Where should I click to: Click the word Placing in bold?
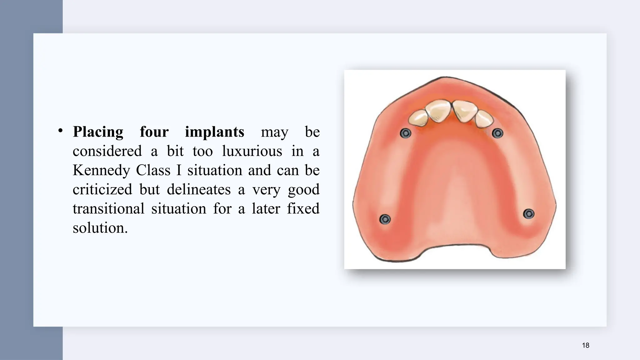pos(98,132)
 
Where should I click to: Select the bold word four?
pos(154,132)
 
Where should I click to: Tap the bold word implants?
pos(214,132)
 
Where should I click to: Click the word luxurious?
pos(252,151)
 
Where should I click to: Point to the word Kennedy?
pos(101,171)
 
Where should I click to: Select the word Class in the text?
pos(153,170)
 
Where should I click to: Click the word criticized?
pos(102,190)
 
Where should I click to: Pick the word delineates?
pos(198,190)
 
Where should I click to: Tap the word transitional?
pos(108,209)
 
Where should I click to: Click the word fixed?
pos(303,209)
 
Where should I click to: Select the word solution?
pos(100,228)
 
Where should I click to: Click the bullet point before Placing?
pos(61,131)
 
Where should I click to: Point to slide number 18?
pos(586,345)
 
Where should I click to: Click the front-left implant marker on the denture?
pos(405,133)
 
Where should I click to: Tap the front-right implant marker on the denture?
pos(497,133)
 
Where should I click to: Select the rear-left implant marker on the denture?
pos(385,219)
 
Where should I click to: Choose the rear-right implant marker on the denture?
pos(529,214)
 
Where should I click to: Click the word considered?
pos(107,151)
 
